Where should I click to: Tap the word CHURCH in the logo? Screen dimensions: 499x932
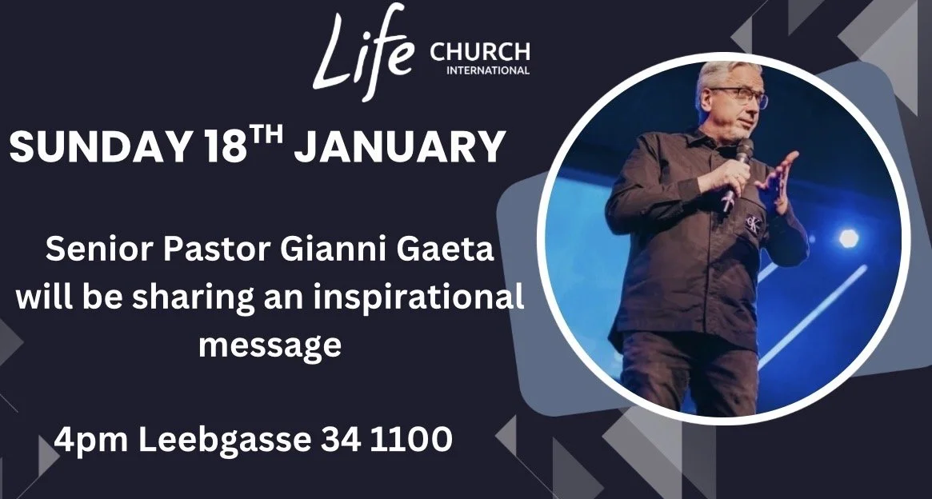coord(479,53)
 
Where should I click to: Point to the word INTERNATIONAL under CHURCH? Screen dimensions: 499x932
coord(486,70)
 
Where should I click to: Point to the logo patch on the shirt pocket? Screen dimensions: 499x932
coord(753,223)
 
